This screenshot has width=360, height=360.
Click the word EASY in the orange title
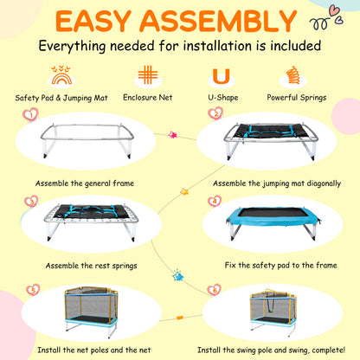pos(93,21)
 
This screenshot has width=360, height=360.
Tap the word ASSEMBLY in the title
pos(218,21)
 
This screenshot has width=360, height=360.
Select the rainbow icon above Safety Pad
pos(61,75)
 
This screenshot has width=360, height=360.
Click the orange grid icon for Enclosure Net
pos(148,74)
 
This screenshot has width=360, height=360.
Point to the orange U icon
pos(222,76)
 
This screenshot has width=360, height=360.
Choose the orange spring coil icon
pos(292,75)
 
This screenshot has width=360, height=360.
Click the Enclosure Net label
pos(148,98)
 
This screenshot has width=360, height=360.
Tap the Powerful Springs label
pos(297,98)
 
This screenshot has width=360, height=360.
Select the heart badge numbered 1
pos(30,115)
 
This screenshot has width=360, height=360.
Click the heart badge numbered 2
pos(215,113)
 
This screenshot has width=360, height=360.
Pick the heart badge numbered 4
pos(215,201)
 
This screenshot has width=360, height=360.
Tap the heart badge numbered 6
pos(214,290)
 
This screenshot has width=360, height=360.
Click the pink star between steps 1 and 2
pos(172,135)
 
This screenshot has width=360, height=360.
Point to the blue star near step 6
pos(178,276)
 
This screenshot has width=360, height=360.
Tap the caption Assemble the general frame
pos(85,183)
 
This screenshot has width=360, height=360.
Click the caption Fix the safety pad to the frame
pos(280,266)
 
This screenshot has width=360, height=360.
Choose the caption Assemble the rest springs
pos(91,266)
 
